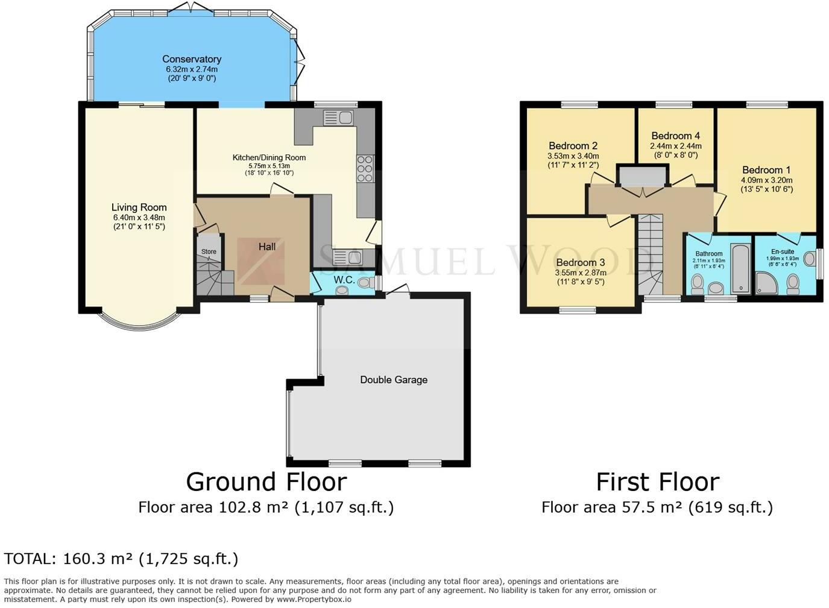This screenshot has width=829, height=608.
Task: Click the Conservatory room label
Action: click(192, 59)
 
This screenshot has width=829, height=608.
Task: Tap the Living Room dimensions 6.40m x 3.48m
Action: click(139, 217)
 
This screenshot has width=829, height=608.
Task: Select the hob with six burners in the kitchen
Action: click(365, 169)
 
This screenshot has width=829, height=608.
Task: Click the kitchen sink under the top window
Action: click(338, 118)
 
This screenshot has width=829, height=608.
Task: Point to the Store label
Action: click(209, 252)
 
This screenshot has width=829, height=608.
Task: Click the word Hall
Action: click(267, 247)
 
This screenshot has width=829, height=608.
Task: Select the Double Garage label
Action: click(394, 380)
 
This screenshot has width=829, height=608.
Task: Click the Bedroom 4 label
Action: click(676, 136)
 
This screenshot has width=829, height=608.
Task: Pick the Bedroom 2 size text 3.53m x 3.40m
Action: click(573, 156)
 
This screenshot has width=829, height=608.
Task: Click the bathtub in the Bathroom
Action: click(741, 268)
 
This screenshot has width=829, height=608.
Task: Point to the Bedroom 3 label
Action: click(581, 262)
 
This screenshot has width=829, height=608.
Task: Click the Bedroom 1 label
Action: click(766, 170)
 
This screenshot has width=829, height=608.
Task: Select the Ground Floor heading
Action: click(266, 482)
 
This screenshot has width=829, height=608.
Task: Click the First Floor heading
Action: click(658, 482)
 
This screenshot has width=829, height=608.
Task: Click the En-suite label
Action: click(783, 252)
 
